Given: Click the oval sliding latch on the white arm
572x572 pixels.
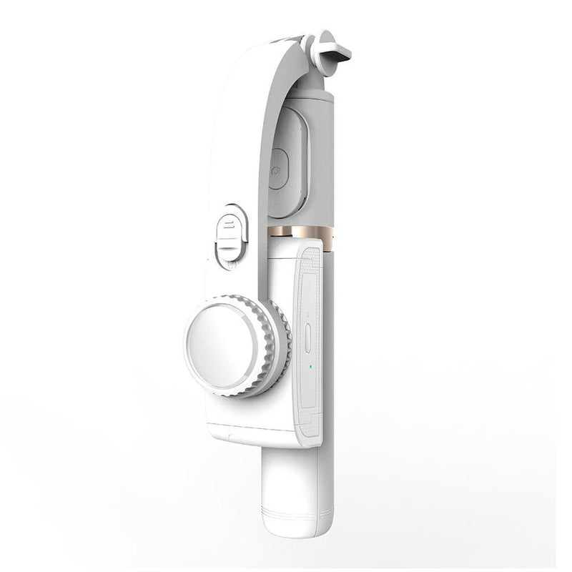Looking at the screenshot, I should (x=230, y=235).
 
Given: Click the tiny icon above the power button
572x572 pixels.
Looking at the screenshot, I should (x=307, y=315).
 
